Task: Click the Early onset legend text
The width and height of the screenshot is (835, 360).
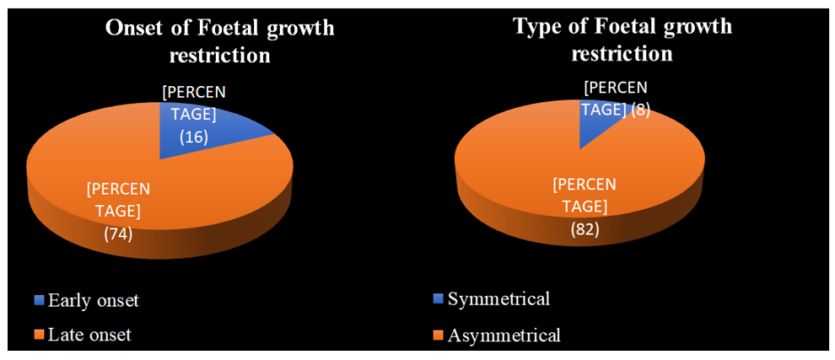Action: pyautogui.click(x=90, y=299)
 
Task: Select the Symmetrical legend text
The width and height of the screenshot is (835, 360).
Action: pyautogui.click(x=498, y=298)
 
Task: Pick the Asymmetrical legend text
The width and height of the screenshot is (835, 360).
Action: pyautogui.click(x=504, y=335)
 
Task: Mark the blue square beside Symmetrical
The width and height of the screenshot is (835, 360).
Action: pyautogui.click(x=436, y=300)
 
